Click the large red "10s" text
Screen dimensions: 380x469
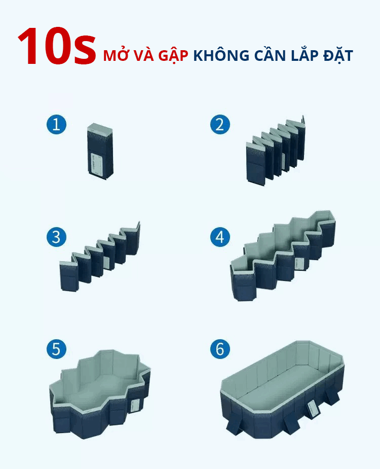point(57,46)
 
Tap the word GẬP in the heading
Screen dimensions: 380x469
point(173,56)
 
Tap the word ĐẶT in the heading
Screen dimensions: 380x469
point(338,56)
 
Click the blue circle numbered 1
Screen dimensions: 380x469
point(56,124)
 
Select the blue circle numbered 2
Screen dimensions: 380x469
point(220,124)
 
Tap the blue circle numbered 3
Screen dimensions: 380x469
point(56,237)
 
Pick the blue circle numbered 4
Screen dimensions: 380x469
point(220,237)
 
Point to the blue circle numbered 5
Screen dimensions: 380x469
point(56,349)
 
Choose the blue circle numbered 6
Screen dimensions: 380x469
point(220,349)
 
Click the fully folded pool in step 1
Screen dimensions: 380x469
point(100,151)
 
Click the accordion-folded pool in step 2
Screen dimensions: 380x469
point(275,151)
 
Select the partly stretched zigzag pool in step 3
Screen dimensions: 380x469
point(100,257)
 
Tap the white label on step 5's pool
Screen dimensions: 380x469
point(135,406)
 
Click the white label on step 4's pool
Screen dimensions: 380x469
point(299,263)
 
